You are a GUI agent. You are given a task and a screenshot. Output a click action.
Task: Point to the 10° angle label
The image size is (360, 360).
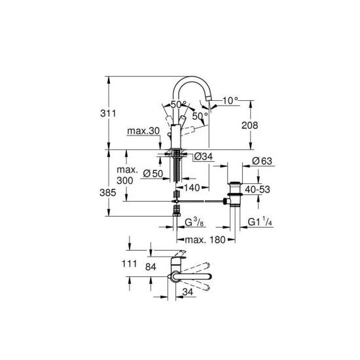(231, 101)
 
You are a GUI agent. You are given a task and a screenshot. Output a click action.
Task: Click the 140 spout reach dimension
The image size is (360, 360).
(192, 187)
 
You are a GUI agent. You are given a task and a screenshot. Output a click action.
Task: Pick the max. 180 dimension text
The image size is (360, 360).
(205, 240)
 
